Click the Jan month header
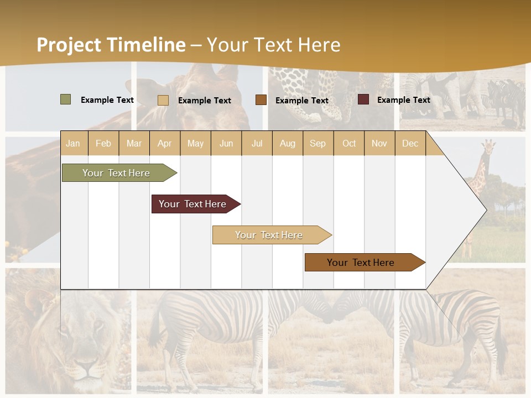73,143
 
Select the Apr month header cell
165,143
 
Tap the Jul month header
257,143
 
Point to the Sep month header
317,143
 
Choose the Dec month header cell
410,143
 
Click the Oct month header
349,143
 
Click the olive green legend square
66,99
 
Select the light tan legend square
163,100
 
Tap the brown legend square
261,100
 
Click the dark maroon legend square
363,99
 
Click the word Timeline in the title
146,45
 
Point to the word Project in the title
69,45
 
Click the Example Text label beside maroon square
403,100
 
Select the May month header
195,143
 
